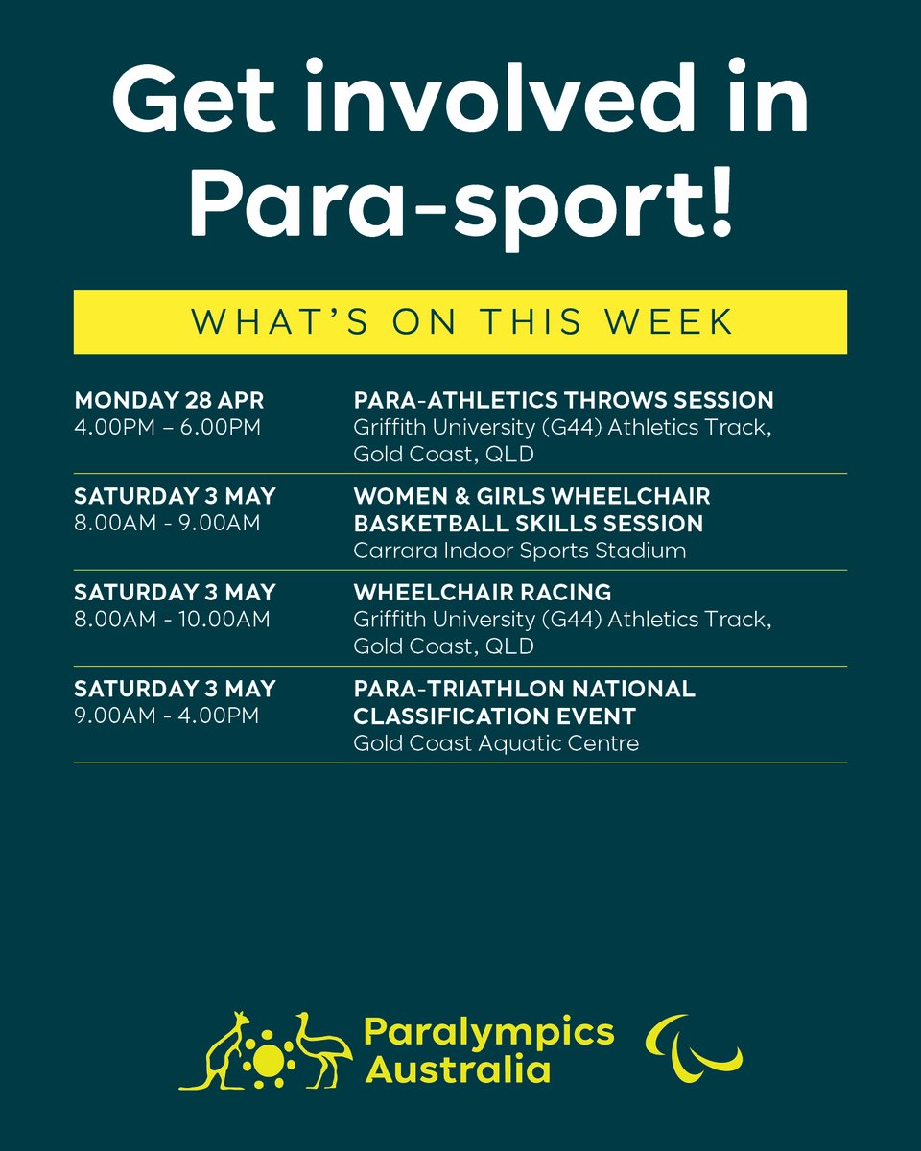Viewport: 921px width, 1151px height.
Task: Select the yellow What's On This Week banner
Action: coord(460,321)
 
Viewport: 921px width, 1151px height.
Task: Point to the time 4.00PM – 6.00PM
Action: coord(167,426)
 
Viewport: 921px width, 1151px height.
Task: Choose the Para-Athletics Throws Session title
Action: coord(563,399)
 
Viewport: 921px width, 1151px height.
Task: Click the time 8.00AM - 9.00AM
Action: coord(166,524)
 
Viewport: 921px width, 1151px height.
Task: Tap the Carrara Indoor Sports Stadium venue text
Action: coord(520,551)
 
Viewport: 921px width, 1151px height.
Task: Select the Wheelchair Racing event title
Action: coord(482,592)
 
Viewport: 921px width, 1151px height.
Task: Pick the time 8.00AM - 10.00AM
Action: coord(172,620)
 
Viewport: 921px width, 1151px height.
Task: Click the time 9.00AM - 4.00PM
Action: coord(166,716)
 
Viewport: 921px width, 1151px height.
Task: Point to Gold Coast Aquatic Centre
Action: coord(496,742)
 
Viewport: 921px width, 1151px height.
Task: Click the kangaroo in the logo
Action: coord(213,1052)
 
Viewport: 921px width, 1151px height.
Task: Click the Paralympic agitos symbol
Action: coord(694,1047)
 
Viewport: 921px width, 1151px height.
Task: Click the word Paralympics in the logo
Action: coord(488,1032)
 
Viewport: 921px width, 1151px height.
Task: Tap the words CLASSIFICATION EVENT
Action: coord(494,716)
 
